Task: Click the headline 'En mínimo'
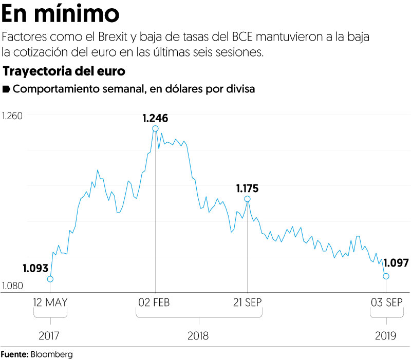[61, 14]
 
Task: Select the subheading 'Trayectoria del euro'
[64, 70]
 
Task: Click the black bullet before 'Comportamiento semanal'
[7, 89]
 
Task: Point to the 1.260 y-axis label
[12, 117]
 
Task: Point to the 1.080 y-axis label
[12, 286]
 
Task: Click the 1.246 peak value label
[155, 118]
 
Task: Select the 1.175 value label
[247, 188]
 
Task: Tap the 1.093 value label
[35, 268]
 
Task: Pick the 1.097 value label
[396, 263]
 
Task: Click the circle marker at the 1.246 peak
[155, 129]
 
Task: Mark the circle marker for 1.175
[247, 199]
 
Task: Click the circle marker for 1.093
[50, 279]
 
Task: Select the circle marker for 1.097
[386, 276]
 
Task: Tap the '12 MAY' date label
[50, 302]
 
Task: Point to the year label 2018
[198, 336]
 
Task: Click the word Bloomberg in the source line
[51, 354]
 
